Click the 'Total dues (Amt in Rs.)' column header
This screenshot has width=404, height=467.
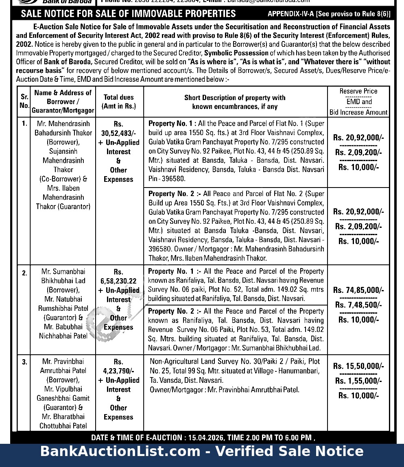click(x=119, y=102)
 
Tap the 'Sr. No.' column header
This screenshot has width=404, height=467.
click(x=24, y=101)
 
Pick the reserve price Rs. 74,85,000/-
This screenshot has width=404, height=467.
click(x=358, y=290)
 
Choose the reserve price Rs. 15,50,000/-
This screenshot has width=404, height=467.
click(x=358, y=366)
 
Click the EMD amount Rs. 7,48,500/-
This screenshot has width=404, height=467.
click(x=358, y=305)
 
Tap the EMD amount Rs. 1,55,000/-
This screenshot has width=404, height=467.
click(x=358, y=381)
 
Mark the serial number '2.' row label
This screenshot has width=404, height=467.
click(x=25, y=273)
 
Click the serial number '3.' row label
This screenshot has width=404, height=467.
click(x=25, y=362)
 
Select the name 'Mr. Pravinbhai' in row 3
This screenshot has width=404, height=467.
click(x=63, y=361)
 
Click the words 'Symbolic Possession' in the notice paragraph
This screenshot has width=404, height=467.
click(x=236, y=53)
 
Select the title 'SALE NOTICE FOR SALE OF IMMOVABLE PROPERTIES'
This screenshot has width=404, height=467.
click(x=128, y=13)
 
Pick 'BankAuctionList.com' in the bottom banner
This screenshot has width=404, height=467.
click(x=120, y=451)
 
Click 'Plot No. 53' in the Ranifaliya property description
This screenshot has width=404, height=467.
click(x=254, y=330)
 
